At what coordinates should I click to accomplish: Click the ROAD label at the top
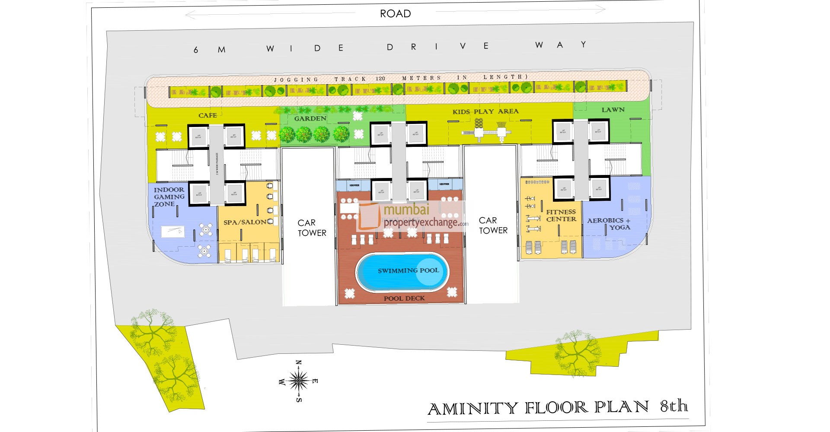tap(395, 14)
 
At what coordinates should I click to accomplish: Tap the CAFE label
tap(207, 115)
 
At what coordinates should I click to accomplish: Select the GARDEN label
tap(310, 118)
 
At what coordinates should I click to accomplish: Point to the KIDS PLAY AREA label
tap(485, 111)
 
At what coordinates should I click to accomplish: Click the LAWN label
tap(613, 110)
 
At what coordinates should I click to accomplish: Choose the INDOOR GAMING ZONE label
tap(169, 197)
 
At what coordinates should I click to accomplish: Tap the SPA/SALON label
tap(245, 222)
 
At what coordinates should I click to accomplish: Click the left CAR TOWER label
tap(312, 228)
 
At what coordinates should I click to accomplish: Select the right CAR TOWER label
tap(493, 226)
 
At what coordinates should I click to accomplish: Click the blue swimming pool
tap(402, 272)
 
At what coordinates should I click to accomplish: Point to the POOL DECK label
tap(404, 298)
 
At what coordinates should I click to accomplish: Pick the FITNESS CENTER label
tap(561, 215)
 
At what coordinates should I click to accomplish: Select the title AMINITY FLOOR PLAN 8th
tap(557, 407)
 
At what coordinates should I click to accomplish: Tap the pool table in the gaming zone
tap(172, 231)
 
